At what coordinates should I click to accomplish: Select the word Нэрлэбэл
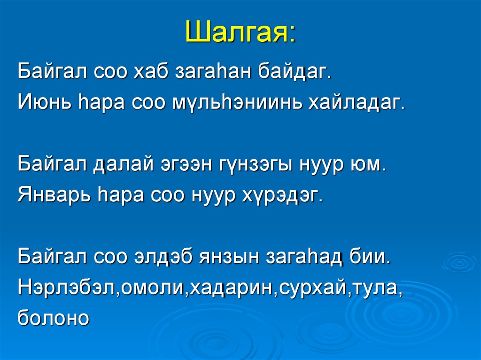point(68,288)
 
